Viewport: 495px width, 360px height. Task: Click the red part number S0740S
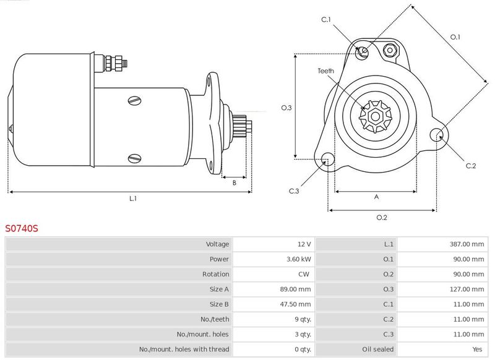coord(22,228)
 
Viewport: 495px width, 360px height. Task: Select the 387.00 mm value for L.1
coord(467,244)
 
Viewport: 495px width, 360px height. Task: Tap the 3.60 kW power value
coord(299,259)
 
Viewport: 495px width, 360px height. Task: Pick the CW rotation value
coord(304,274)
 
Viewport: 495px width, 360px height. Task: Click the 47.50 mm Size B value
coord(295,304)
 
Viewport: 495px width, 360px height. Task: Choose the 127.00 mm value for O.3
coord(467,289)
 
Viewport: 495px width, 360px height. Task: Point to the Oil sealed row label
coord(378,349)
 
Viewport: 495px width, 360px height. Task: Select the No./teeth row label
coord(215,319)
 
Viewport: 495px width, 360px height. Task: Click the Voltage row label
coord(218,244)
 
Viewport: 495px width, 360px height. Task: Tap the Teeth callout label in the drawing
coord(326,71)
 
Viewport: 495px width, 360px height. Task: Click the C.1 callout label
coord(326,20)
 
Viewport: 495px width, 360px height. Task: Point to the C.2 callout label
coord(471,166)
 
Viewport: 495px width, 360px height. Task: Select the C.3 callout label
coord(293,191)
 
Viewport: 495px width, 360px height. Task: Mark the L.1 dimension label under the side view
coord(133,199)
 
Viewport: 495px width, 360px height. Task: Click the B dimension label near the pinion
coord(235,182)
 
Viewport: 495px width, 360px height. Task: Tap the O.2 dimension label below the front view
coord(382,217)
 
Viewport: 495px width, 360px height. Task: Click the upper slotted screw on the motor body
coord(135,101)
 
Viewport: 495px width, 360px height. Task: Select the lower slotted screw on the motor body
coord(135,158)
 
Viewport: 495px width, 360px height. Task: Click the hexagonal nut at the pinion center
coord(376,116)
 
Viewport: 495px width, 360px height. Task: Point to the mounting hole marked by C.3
coord(328,160)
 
